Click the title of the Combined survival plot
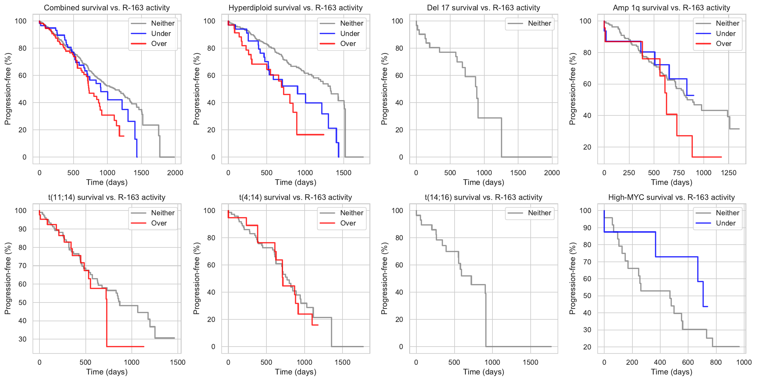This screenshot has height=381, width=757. point(107,8)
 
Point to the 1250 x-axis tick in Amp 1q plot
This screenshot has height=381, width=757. point(729,173)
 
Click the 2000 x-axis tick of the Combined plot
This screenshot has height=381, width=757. point(175,173)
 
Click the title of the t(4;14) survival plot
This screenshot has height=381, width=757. point(296,197)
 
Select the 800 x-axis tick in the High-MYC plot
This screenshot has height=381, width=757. point(716,362)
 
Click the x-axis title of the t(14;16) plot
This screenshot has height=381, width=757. point(483,372)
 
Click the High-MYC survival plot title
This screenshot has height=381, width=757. point(671,197)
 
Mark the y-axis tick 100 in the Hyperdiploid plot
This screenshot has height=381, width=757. point(209,21)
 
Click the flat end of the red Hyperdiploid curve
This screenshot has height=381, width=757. point(313,135)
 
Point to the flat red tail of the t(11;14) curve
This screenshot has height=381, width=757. point(125,346)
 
